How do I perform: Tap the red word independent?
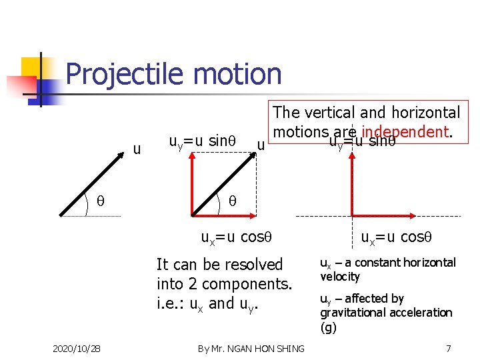[404, 132]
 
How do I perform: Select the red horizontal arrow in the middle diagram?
[224, 215]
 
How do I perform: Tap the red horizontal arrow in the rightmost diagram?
[381, 215]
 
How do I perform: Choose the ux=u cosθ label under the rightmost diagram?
[396, 237]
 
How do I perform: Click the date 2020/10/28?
[76, 348]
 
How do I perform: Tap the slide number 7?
[449, 348]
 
